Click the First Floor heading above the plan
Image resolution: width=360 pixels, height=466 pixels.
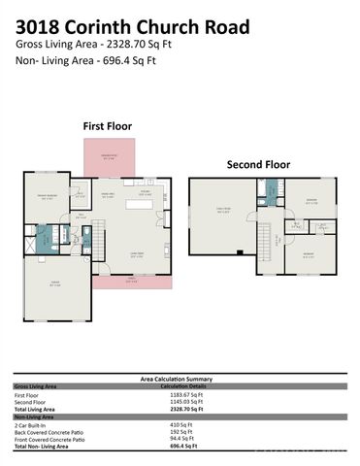(107, 126)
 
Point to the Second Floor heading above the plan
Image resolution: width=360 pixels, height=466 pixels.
(258, 164)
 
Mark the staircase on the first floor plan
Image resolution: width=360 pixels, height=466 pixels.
(86, 233)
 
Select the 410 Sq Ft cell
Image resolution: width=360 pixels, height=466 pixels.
(180, 425)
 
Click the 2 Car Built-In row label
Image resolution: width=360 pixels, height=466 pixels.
(29, 425)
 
